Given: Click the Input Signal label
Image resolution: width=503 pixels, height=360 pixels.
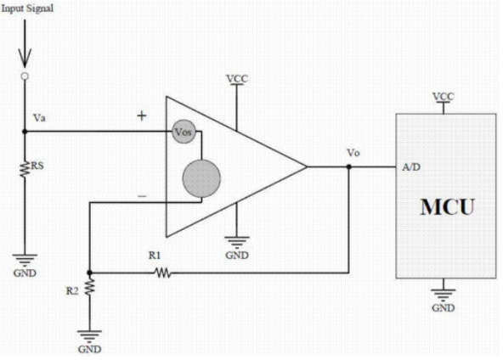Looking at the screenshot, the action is point(27,8).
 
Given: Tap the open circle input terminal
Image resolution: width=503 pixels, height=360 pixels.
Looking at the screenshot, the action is point(25,76).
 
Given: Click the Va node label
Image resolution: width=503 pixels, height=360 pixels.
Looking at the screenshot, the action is point(39,118).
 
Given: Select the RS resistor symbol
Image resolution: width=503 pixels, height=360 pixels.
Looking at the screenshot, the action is point(25,169).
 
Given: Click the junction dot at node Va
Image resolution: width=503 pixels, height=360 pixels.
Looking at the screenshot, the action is point(25,132).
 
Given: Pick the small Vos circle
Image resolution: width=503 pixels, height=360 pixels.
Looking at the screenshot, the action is point(184,132).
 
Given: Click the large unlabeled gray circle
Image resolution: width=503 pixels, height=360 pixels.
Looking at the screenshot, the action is point(201,178).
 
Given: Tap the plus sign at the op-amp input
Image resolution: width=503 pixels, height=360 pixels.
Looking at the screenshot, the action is point(141,115).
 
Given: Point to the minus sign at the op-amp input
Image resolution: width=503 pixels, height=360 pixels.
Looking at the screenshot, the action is point(142,196).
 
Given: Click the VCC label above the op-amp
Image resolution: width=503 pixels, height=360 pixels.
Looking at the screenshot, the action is point(237,79).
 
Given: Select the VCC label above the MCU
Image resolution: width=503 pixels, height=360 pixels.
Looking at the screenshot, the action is point(444,97).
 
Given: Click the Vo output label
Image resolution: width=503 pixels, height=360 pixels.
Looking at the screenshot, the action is point(353,153).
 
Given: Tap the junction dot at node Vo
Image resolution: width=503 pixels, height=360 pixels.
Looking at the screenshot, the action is point(349,166).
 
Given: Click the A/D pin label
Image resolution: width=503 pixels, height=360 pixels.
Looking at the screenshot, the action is point(411,167).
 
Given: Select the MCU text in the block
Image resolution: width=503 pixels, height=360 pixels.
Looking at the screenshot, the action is point(447,207).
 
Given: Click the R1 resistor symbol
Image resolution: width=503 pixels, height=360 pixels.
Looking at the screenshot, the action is point(163,273).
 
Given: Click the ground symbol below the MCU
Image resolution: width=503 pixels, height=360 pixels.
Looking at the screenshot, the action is point(444,295).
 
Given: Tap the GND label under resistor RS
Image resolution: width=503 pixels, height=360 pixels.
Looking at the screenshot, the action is point(25,273).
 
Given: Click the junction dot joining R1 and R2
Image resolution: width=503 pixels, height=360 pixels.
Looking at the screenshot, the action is point(89,273).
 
